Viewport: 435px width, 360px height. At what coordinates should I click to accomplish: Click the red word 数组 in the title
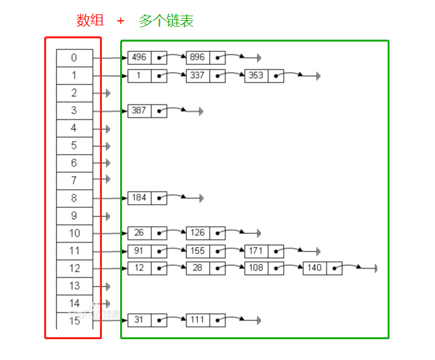(90, 21)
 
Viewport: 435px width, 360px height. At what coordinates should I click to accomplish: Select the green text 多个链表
(166, 21)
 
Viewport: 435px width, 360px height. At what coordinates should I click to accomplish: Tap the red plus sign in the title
(121, 21)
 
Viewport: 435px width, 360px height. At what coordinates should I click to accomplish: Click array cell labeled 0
(74, 58)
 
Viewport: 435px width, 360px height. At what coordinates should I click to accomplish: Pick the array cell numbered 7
(74, 181)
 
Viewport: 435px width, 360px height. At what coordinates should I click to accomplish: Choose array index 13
(74, 286)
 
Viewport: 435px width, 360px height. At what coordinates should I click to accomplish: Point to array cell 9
(74, 216)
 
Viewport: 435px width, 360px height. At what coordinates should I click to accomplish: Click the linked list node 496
(139, 58)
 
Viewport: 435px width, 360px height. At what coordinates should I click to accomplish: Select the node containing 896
(197, 58)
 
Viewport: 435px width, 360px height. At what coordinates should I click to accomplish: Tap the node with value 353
(256, 75)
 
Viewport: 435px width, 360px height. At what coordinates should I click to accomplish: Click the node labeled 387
(139, 110)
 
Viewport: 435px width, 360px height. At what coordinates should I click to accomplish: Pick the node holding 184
(139, 198)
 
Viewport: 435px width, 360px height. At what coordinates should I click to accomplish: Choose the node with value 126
(197, 233)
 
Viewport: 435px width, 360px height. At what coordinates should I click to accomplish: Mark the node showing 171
(256, 250)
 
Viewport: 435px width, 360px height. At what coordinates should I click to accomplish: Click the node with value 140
(314, 268)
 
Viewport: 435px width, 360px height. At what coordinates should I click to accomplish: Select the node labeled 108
(256, 268)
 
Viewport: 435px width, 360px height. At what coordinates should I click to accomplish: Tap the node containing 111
(197, 320)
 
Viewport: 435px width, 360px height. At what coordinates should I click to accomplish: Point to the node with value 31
(139, 320)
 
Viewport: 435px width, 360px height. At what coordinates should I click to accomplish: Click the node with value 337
(197, 75)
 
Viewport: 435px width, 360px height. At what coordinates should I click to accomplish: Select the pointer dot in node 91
(158, 250)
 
